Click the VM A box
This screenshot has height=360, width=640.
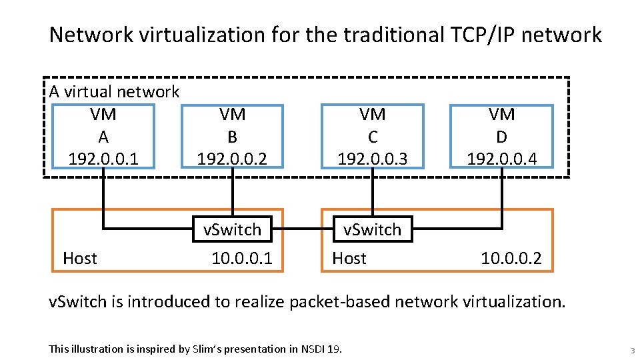pyautogui.click(x=103, y=136)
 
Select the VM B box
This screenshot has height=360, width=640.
pyautogui.click(x=232, y=136)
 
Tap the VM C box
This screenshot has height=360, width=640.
pyautogui.click(x=373, y=136)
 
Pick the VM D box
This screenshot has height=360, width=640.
pyautogui.click(x=501, y=136)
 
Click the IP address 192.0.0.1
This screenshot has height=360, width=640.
pyautogui.click(x=103, y=159)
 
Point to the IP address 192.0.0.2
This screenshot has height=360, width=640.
pyautogui.click(x=232, y=159)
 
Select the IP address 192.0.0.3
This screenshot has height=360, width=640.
pyautogui.click(x=373, y=159)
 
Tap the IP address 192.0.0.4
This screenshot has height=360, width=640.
pyautogui.click(x=501, y=159)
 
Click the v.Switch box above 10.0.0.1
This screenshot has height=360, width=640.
pyautogui.click(x=232, y=229)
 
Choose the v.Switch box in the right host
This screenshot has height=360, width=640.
pyautogui.click(x=372, y=229)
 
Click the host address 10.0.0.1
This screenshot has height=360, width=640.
pyautogui.click(x=242, y=258)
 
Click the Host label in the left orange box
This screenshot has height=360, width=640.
pyautogui.click(x=79, y=258)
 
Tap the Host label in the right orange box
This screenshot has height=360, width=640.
pyautogui.click(x=349, y=258)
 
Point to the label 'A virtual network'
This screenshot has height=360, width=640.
pyautogui.click(x=114, y=91)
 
